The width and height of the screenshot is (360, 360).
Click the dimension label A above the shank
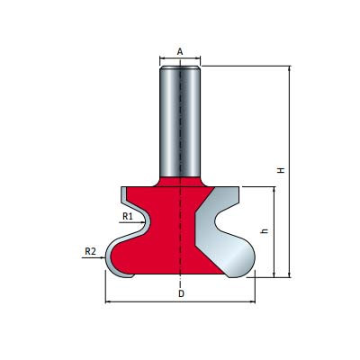coord(180,52)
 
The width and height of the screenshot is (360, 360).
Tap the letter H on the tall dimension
coord(281,170)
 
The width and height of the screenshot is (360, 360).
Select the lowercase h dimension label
coord(265,231)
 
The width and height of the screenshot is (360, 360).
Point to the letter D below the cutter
coord(181,293)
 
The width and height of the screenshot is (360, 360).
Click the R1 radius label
coord(128,216)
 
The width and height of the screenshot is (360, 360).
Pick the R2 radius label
coord(90,251)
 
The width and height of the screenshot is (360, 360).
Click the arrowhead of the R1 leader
coord(142,222)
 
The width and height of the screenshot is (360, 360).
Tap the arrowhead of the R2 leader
coord(103,257)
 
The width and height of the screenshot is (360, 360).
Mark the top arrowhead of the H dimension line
coord(290,68)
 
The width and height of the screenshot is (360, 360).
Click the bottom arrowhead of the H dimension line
coord(290,274)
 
